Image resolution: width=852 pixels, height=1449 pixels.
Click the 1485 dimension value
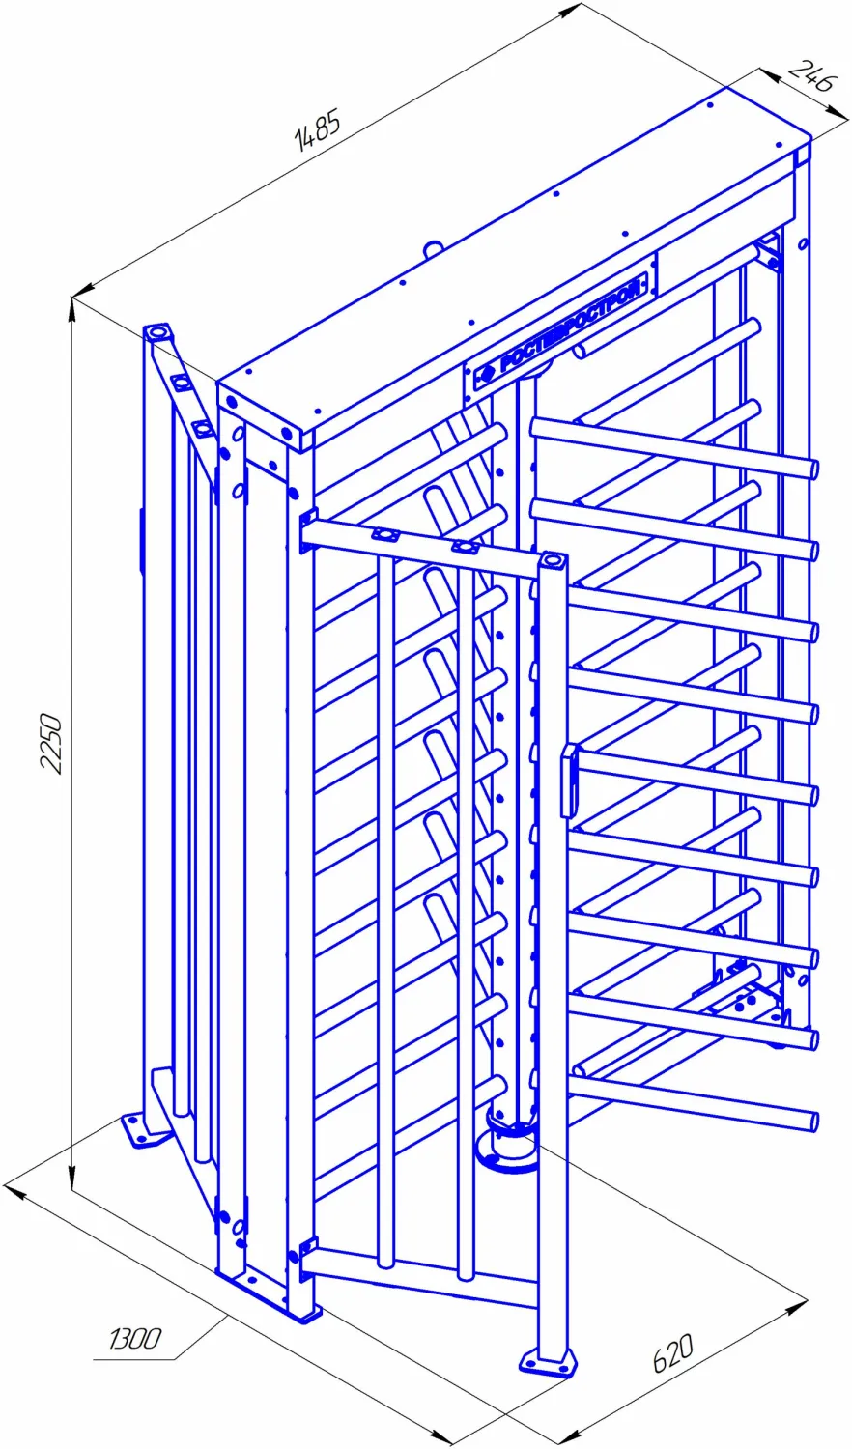pos(317,131)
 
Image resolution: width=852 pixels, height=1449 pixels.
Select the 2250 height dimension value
pos(50,743)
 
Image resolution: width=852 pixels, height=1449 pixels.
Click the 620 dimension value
pos(672,1352)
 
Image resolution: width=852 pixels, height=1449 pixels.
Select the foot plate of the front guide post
pos(548,1360)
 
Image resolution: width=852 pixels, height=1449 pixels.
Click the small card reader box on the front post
pos(569,781)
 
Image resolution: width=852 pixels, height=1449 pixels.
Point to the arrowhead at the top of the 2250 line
pos(72,308)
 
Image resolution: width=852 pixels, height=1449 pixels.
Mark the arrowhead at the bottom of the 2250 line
pos(72,1178)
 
